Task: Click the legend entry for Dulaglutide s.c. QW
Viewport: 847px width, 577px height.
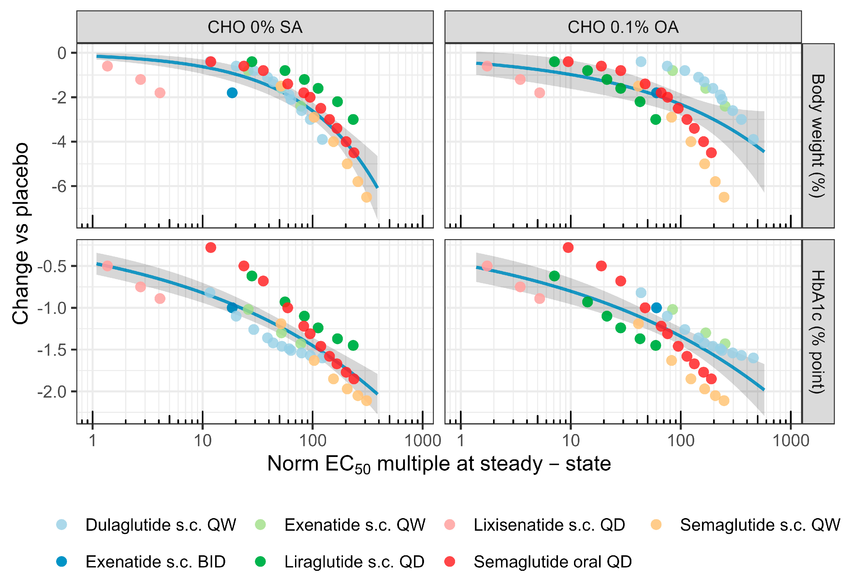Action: coord(146,525)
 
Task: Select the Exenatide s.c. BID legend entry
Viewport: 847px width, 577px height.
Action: coord(141,562)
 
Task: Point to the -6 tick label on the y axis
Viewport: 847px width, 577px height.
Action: coord(59,186)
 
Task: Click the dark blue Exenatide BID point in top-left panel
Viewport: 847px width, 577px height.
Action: coord(232,93)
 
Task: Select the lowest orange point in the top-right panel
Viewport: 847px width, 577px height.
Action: coord(724,197)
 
